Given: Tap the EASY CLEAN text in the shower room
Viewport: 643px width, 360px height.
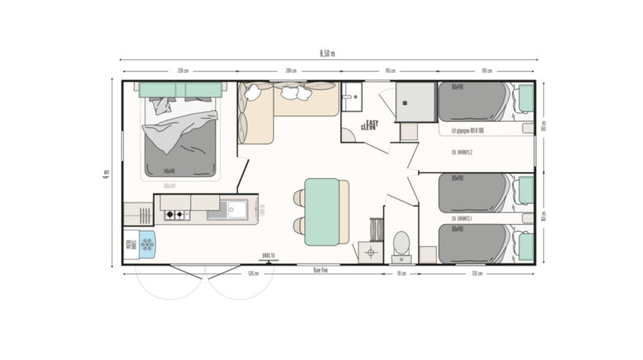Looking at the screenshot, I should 371,125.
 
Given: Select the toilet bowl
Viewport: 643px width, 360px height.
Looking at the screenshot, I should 401,242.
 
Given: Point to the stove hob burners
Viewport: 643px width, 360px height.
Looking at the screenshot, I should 175,215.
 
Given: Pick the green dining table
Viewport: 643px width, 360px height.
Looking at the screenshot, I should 321,211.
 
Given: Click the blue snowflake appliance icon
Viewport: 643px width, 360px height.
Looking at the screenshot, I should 148,244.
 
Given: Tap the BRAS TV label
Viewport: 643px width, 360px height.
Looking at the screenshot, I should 266,255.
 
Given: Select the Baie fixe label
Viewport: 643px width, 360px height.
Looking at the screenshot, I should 321,269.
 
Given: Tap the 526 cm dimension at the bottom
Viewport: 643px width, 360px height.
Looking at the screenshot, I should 255,273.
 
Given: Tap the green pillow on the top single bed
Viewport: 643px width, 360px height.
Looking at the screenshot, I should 524,101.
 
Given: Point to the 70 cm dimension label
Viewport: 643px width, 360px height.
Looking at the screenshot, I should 401,273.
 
